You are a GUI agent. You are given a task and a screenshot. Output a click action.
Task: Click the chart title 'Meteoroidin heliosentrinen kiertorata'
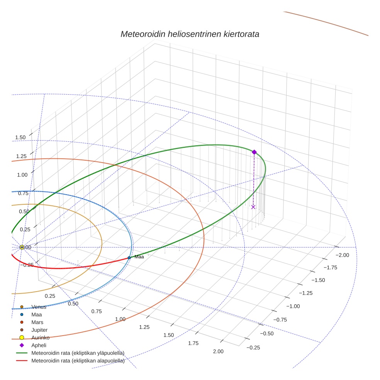coord(190,34)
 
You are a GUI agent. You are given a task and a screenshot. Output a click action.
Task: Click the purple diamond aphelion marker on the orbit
coord(254,152)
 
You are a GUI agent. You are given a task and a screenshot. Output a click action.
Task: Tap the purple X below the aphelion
coord(253,207)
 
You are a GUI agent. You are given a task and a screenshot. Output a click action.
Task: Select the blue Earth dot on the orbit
coord(129,258)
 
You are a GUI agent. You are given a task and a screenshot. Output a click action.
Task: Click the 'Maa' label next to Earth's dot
coord(139,257)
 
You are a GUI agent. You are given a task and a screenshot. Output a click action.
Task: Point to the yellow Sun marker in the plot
coord(22,247)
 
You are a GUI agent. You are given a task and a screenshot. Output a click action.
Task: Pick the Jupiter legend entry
coord(39,330)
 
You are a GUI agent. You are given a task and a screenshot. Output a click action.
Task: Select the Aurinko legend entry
coord(40,338)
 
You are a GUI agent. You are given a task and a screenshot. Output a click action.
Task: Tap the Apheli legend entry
coord(39,345)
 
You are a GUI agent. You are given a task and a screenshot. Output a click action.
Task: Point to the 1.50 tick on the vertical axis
coord(20,137)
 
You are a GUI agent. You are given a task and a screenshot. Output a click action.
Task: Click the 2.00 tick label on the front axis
coord(218,351)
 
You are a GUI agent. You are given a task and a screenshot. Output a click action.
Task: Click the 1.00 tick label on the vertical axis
coord(22,175)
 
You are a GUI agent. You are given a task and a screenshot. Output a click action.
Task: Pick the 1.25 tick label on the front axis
coord(144,327)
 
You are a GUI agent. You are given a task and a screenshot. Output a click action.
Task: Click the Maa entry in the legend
coord(36,315)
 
